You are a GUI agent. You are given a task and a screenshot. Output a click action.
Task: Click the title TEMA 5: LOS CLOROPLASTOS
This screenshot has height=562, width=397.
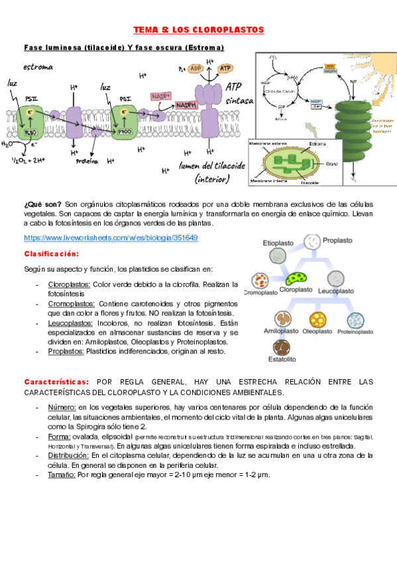(x=199, y=30)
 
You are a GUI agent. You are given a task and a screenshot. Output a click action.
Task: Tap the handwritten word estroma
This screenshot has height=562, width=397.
(x=38, y=67)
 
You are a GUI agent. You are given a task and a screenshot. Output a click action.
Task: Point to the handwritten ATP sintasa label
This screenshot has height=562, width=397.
(x=238, y=93)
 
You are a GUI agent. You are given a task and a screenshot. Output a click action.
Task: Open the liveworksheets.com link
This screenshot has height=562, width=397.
(x=111, y=237)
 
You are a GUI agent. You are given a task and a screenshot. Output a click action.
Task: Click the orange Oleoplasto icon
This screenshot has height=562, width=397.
(x=316, y=320)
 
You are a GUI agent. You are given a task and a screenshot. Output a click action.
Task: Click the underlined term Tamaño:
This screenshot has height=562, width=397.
(x=62, y=475)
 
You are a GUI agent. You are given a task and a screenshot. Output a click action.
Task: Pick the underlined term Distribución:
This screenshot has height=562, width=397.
(x=70, y=455)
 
